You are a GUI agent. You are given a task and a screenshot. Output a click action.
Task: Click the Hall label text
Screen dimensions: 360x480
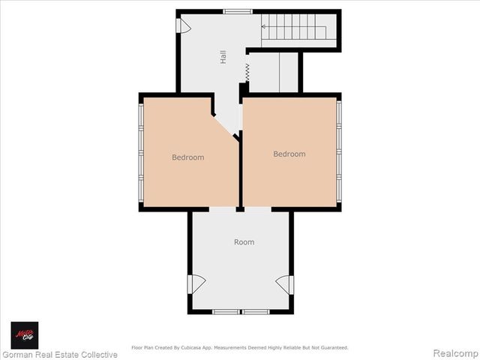coord(223,56)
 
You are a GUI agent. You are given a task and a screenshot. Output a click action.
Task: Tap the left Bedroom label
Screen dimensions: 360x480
coord(187,157)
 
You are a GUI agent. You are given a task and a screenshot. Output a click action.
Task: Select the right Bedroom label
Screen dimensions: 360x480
coord(289,154)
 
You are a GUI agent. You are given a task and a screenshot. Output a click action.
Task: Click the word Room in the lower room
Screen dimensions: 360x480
coord(244,242)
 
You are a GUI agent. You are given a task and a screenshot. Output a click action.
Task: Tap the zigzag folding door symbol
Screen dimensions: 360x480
coord(246,73)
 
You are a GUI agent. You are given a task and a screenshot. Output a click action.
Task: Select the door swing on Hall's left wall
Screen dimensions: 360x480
coord(183,25)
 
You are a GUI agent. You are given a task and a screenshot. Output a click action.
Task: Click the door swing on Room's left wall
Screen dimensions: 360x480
coord(196,284)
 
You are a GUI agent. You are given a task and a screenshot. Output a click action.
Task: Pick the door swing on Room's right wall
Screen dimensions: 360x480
coord(284,284)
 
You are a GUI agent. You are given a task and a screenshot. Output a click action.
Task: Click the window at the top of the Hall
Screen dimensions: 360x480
coord(237,11)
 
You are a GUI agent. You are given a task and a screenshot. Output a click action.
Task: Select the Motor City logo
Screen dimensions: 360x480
coord(24,334)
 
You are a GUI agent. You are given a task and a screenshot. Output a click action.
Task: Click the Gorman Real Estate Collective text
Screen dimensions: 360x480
coord(60,354)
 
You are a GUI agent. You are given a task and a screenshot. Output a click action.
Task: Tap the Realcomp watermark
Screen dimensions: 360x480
coord(455,353)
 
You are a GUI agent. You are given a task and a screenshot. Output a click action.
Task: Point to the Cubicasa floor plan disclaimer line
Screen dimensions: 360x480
coord(240,347)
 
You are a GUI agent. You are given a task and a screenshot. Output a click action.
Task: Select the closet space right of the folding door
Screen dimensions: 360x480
coord(273,72)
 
